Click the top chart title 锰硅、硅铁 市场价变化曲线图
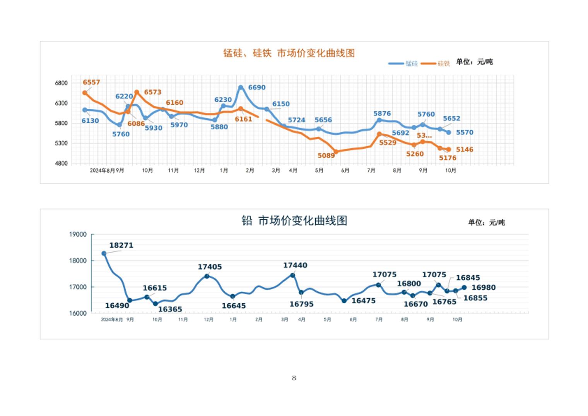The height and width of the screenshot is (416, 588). [x=289, y=53]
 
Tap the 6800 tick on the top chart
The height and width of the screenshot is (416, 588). [x=61, y=83]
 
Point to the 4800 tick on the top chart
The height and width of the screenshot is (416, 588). [x=61, y=163]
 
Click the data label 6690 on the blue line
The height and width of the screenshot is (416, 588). [x=256, y=88]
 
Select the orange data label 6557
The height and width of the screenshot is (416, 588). [x=91, y=82]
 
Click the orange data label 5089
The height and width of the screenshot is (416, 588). [x=326, y=156]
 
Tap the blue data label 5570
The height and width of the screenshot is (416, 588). [x=465, y=132]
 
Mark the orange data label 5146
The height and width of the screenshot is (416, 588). [x=465, y=150]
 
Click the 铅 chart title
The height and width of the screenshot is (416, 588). [x=294, y=221]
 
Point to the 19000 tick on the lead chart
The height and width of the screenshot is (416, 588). [x=78, y=234]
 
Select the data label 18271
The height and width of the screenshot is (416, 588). [x=121, y=245]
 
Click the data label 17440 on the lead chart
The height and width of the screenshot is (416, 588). [x=295, y=265]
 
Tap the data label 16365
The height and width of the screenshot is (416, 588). [x=170, y=309]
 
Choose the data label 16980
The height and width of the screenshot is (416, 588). [x=484, y=287]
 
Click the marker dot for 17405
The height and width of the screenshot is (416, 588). [x=207, y=276]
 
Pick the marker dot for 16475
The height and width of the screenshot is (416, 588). [x=344, y=301]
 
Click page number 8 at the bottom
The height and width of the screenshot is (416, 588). [x=294, y=378]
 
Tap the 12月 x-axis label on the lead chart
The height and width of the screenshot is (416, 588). [x=209, y=320]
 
